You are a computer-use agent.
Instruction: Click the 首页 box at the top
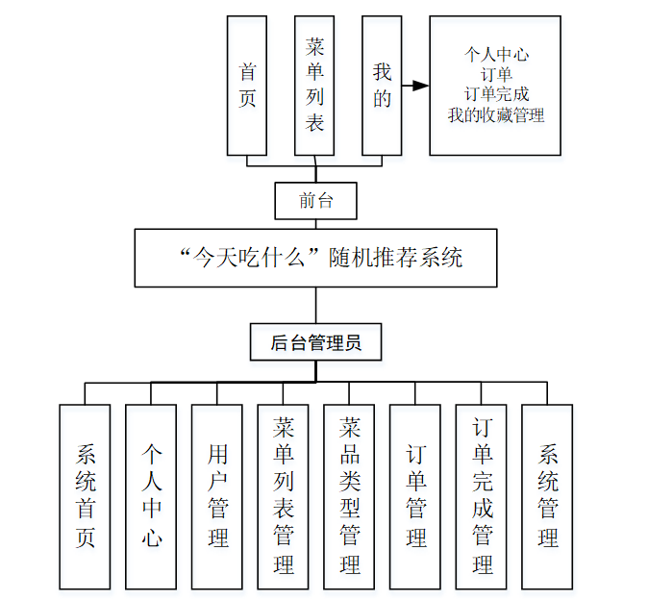[x=247, y=86]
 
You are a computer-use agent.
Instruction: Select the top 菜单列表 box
[x=314, y=86]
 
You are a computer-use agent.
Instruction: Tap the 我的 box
[x=382, y=86]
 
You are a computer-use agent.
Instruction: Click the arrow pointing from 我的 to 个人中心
[x=415, y=86]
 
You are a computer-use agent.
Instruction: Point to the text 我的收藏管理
[x=495, y=115]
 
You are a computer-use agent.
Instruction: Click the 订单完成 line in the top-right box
[x=495, y=95]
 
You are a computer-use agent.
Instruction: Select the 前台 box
[x=315, y=201]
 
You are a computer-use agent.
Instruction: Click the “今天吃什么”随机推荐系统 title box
[x=315, y=258]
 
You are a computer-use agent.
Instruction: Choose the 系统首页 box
[x=85, y=496]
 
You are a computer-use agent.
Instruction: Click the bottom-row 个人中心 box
[x=151, y=496]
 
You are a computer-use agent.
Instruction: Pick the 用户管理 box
[x=217, y=496]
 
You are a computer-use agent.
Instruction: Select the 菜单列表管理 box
[x=284, y=496]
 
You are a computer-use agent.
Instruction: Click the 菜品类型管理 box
[x=349, y=496]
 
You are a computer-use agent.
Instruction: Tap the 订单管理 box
[x=415, y=496]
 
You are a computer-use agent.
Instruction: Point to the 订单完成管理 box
[x=482, y=496]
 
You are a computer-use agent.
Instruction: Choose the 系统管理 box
[x=547, y=496]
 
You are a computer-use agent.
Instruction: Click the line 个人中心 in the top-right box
[x=495, y=55]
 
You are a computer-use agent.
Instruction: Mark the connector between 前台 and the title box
[x=315, y=224]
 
